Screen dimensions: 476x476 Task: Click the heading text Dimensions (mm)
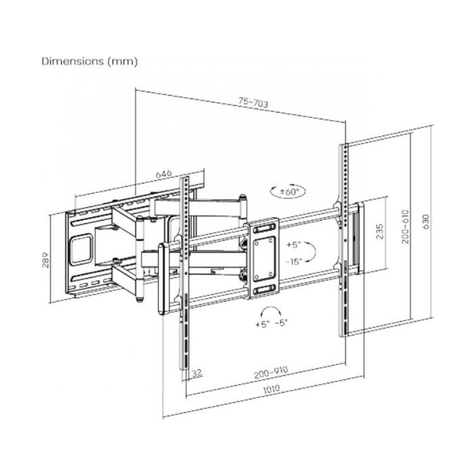click(x=90, y=61)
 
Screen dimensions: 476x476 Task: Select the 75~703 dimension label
click(x=253, y=103)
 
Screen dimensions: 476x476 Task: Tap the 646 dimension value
click(x=164, y=174)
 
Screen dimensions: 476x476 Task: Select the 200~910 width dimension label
click(x=271, y=372)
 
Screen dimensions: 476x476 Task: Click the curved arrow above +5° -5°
click(x=271, y=311)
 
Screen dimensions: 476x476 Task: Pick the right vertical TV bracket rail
click(x=343, y=239)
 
